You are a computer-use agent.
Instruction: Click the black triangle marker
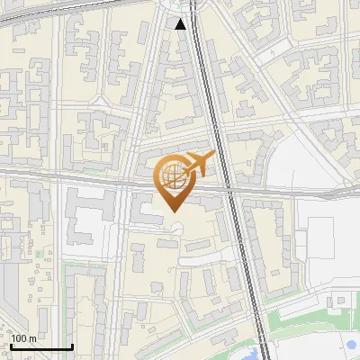click(x=181, y=24)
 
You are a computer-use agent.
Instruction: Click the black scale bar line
click(x=40, y=347)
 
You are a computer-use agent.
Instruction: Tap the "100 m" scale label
click(x=24, y=338)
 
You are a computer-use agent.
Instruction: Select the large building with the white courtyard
click(x=90, y=216)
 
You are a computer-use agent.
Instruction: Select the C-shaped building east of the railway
click(x=261, y=162)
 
